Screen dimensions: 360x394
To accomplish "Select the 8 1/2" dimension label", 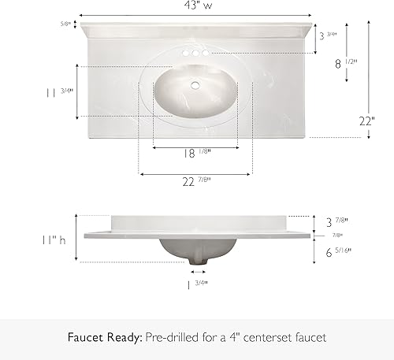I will [344, 64].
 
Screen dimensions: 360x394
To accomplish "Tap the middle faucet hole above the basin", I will [195, 53].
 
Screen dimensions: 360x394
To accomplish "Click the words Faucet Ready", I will [103, 337].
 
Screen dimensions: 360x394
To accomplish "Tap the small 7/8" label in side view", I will [337, 236].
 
